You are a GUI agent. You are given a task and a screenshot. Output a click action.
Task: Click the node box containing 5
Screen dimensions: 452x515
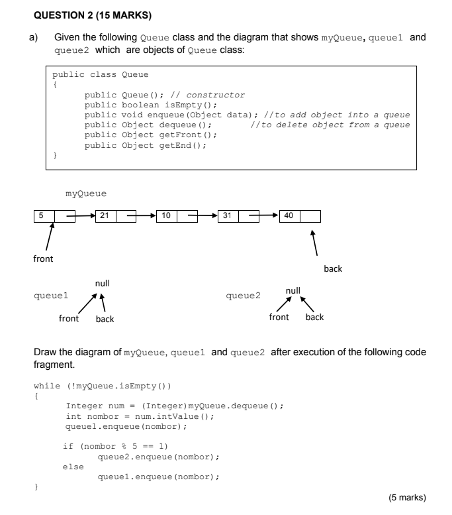tap(44, 215)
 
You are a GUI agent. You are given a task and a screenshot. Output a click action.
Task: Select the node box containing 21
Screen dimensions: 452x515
tap(107, 215)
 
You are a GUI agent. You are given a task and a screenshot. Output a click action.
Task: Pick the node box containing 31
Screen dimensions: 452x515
tap(228, 215)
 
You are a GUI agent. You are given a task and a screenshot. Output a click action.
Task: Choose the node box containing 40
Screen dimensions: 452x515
tap(289, 215)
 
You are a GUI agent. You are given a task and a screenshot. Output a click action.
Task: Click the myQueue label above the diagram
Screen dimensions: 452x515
tap(86, 194)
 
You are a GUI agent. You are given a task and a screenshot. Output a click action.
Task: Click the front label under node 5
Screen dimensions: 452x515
tap(44, 259)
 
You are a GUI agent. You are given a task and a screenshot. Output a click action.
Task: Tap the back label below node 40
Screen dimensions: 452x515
tap(333, 269)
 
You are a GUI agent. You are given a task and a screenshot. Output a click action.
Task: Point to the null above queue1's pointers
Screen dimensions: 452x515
tap(102, 284)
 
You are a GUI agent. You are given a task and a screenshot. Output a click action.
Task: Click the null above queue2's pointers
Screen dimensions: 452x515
tap(293, 290)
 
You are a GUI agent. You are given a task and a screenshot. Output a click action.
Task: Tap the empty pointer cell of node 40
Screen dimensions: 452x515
tap(310, 215)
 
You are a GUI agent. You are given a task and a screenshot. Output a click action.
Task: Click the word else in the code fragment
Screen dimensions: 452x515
tap(73, 467)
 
